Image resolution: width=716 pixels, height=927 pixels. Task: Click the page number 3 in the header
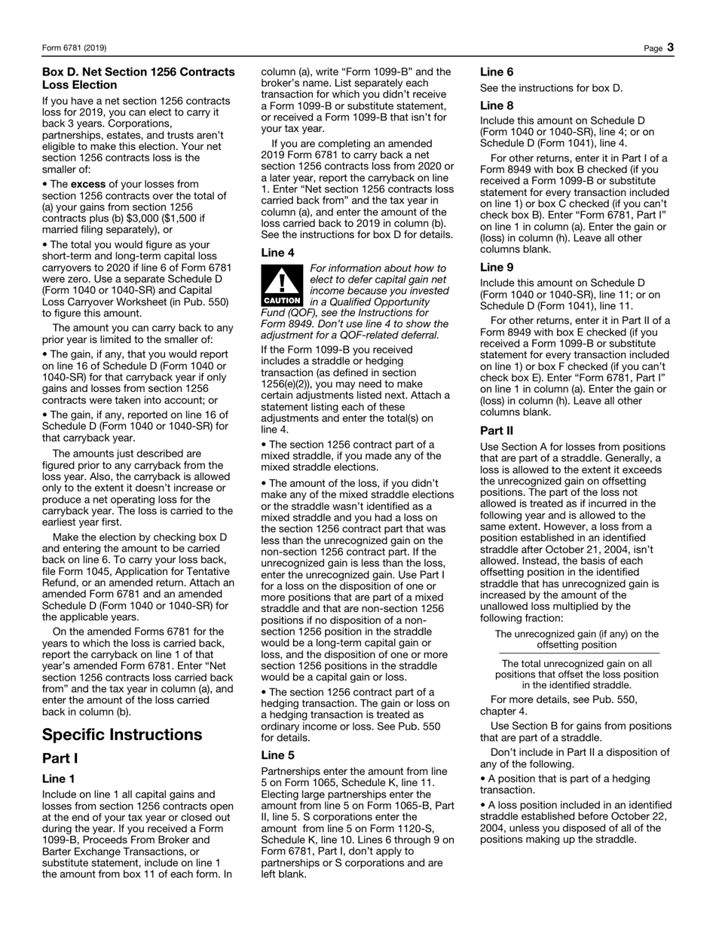(x=670, y=48)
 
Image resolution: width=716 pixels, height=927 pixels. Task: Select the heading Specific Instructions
(x=122, y=735)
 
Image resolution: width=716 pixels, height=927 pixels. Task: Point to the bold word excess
(x=88, y=184)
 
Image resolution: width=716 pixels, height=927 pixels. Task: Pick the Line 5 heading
(x=277, y=755)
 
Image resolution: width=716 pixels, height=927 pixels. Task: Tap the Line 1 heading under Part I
(x=58, y=779)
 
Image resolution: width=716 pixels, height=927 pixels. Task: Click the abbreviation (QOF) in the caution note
(x=281, y=312)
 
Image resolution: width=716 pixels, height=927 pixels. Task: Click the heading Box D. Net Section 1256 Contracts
(x=138, y=72)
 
